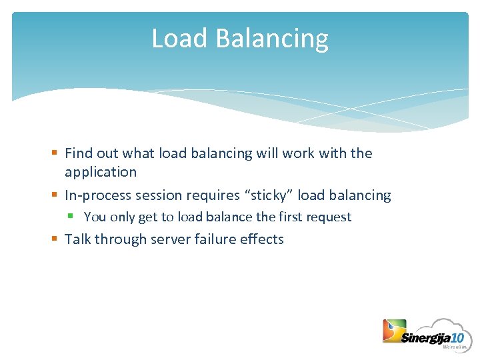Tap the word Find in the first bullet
tap(79, 153)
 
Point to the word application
tap(101, 173)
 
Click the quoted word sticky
tap(268, 195)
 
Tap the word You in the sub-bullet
tap(95, 217)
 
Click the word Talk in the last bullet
tap(78, 239)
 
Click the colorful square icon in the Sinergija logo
tap(393, 331)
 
